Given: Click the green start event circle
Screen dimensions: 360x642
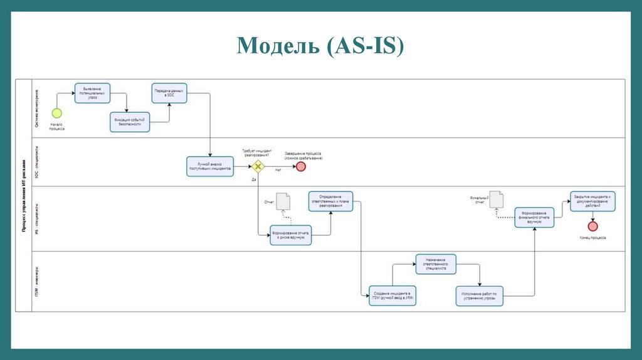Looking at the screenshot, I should tap(56, 113).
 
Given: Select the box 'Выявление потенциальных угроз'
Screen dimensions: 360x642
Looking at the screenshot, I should tap(92, 93).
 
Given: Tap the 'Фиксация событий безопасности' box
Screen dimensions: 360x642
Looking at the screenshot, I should tap(130, 122).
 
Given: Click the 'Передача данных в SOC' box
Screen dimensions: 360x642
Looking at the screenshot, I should tap(169, 93).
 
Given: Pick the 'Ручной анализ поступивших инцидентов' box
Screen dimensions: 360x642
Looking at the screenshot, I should tap(210, 166).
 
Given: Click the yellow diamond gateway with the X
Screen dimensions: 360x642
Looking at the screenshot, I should tap(257, 166).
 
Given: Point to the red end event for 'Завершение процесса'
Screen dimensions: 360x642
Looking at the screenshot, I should tap(300, 166).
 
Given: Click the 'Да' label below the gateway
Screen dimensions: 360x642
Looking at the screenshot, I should tap(254, 179).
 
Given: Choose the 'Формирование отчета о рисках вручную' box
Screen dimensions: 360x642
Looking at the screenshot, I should tap(290, 235).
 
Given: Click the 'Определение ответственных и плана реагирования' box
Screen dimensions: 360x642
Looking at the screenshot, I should tap(330, 202).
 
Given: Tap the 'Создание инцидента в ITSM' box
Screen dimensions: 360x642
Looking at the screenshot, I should tap(392, 295).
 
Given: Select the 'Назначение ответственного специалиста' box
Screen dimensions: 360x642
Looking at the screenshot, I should tap(435, 264).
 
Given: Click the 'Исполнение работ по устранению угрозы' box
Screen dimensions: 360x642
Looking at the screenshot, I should tap(480, 295).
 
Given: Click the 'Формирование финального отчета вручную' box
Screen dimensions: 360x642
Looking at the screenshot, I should tap(534, 217).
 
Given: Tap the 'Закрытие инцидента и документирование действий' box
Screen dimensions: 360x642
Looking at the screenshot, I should tap(592, 199).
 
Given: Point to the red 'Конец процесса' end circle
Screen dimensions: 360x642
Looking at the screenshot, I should tap(592, 226).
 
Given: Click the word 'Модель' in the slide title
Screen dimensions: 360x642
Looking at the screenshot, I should tap(276, 46).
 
